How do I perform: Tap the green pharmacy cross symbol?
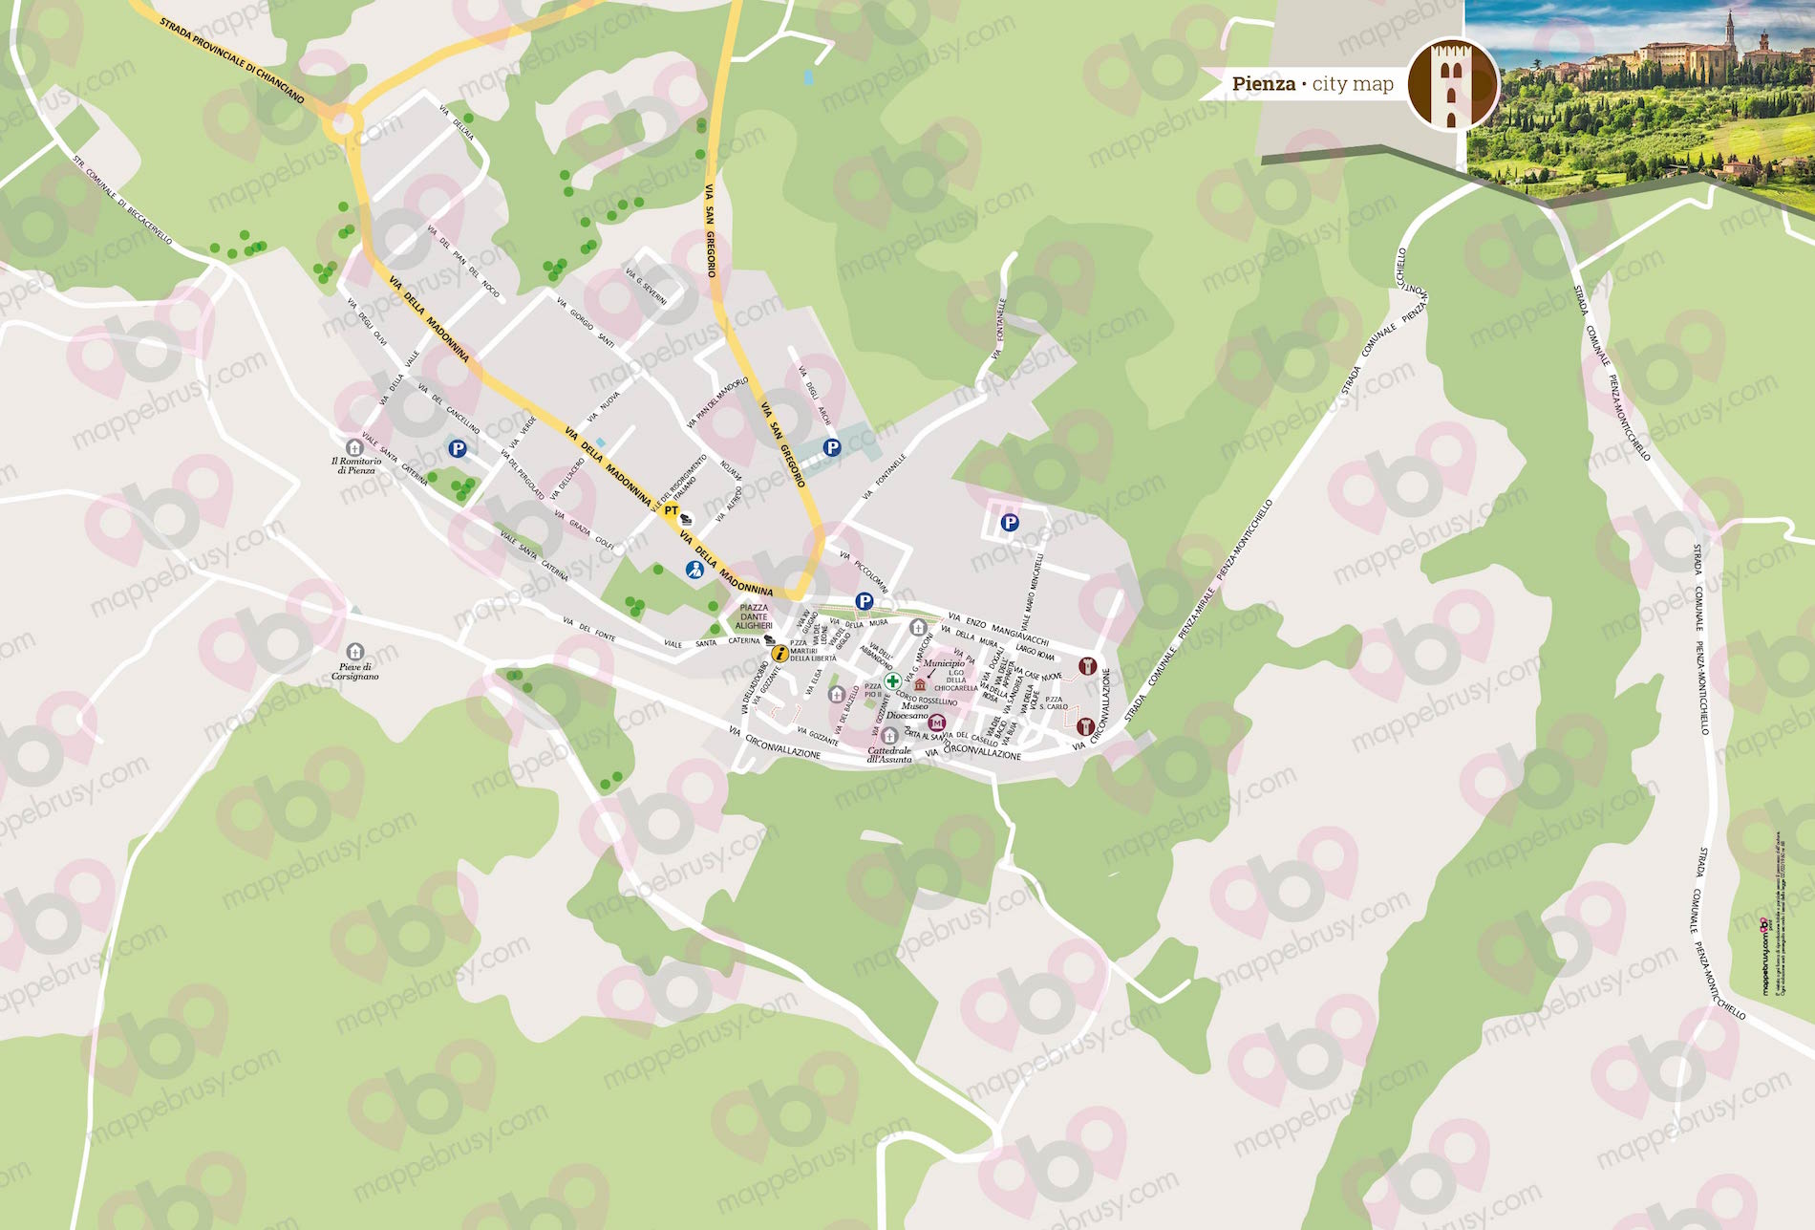point(892,681)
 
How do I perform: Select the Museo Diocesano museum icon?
point(937,723)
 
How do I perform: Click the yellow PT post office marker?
point(672,511)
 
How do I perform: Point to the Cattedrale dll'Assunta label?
point(889,755)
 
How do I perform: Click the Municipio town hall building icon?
point(920,684)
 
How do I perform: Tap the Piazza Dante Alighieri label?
point(754,616)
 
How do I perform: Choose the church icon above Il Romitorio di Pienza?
point(354,447)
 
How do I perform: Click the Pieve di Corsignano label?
point(354,672)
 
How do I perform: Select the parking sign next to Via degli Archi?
point(832,446)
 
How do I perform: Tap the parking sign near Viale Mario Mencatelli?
point(1009,523)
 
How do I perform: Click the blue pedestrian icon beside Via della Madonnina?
point(694,571)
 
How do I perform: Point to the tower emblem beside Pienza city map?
point(1452,84)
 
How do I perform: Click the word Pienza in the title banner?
point(1263,84)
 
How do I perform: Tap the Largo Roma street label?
point(1035,654)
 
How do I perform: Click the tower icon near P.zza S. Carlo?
point(1085,727)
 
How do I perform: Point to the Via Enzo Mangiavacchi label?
point(998,629)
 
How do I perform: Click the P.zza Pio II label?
point(873,691)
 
